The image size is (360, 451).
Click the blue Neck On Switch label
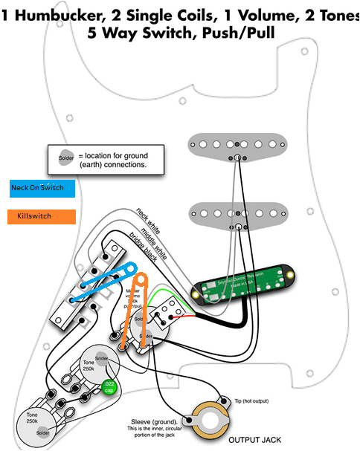[x=42, y=189]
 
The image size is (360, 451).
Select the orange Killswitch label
[x=42, y=217]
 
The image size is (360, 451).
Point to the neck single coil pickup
[x=236, y=143]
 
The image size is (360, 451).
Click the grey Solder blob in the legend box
[x=65, y=158]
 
